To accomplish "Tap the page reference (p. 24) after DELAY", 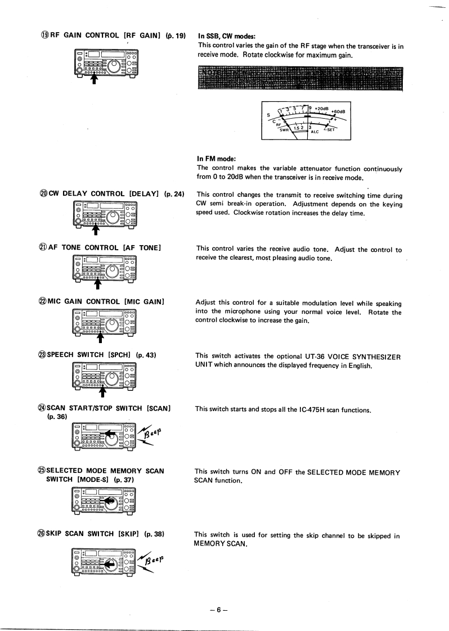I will click(x=174, y=194).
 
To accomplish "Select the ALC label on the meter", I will click(x=315, y=132).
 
